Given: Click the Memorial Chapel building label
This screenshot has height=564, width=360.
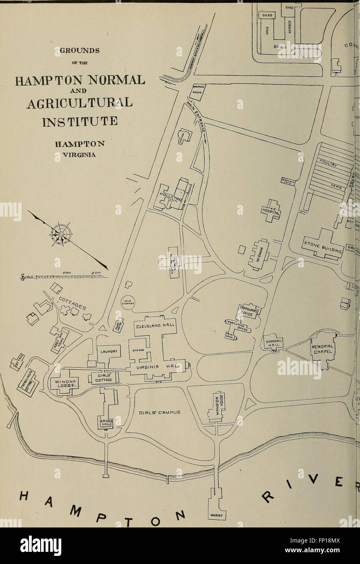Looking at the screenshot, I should pos(322,349).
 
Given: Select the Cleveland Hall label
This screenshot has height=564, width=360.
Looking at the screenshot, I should pos(155,325).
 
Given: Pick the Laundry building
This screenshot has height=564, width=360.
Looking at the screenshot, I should pos(109,352).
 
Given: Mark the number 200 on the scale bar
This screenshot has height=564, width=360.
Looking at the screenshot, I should pos(96,273).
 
